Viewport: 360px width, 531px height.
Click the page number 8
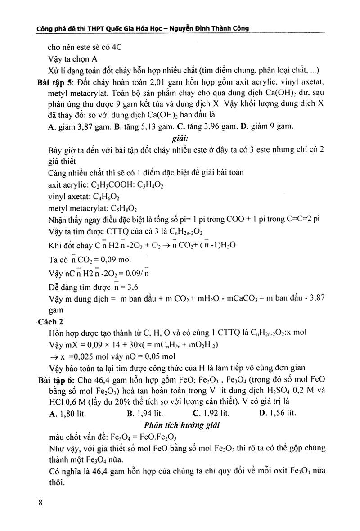tap(40, 503)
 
